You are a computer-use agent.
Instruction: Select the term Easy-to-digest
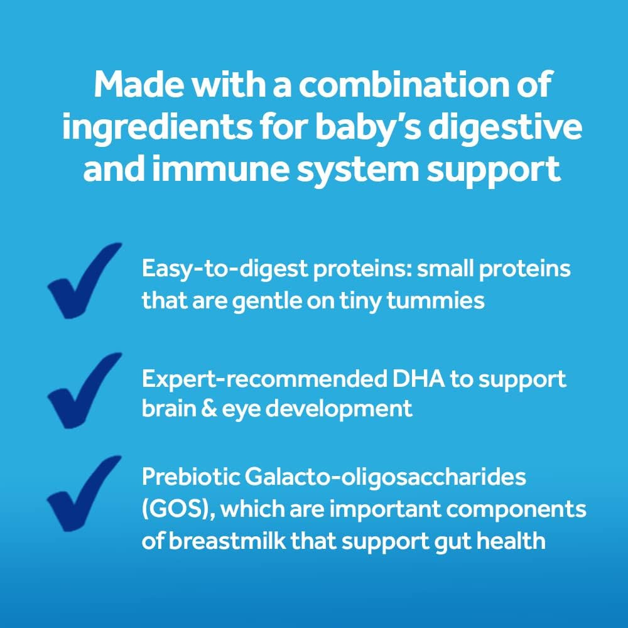point(208,270)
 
